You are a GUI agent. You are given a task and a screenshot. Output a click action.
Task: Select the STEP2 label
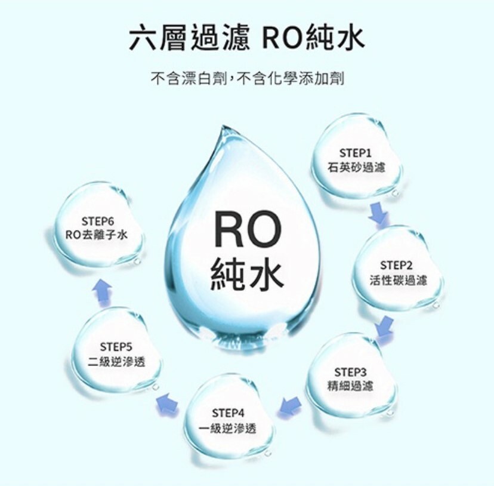[x=396, y=264]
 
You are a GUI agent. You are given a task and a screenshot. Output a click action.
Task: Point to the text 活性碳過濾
[x=397, y=280]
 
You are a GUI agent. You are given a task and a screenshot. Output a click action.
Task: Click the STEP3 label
[x=351, y=371]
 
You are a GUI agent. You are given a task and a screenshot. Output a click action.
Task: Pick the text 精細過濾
[x=351, y=386]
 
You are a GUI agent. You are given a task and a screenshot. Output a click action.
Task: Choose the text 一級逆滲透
[x=228, y=428]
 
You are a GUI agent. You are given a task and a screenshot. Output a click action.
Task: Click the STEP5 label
[x=116, y=346]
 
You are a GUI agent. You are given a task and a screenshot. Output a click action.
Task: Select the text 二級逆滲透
[x=116, y=362]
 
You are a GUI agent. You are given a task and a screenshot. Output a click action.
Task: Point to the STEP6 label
[x=97, y=219]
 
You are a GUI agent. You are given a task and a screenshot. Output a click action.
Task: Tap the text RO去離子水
[x=97, y=235]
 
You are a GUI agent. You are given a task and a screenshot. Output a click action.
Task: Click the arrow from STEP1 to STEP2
[x=377, y=213]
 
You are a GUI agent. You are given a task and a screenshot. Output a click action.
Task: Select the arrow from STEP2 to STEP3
[x=385, y=326]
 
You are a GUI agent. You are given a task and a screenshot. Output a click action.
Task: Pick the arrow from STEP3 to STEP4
[x=290, y=406]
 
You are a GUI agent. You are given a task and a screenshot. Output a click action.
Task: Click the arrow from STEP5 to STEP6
[x=102, y=290]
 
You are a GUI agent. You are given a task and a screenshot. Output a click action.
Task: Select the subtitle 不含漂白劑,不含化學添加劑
[x=247, y=78]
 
